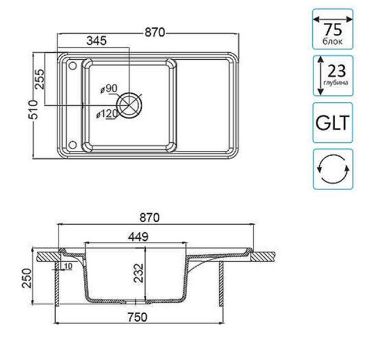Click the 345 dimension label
pyautogui.click(x=96, y=41)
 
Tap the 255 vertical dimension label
pyautogui.click(x=39, y=79)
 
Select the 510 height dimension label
pyautogui.click(x=33, y=110)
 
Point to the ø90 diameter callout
pyautogui.click(x=109, y=88)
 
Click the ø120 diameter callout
pyautogui.click(x=107, y=114)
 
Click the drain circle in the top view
pyautogui.click(x=129, y=105)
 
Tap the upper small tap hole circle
pyautogui.click(x=72, y=66)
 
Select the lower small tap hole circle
pyautogui.click(x=72, y=145)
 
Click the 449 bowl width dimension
pyautogui.click(x=138, y=237)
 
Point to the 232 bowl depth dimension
pyautogui.click(x=139, y=273)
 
